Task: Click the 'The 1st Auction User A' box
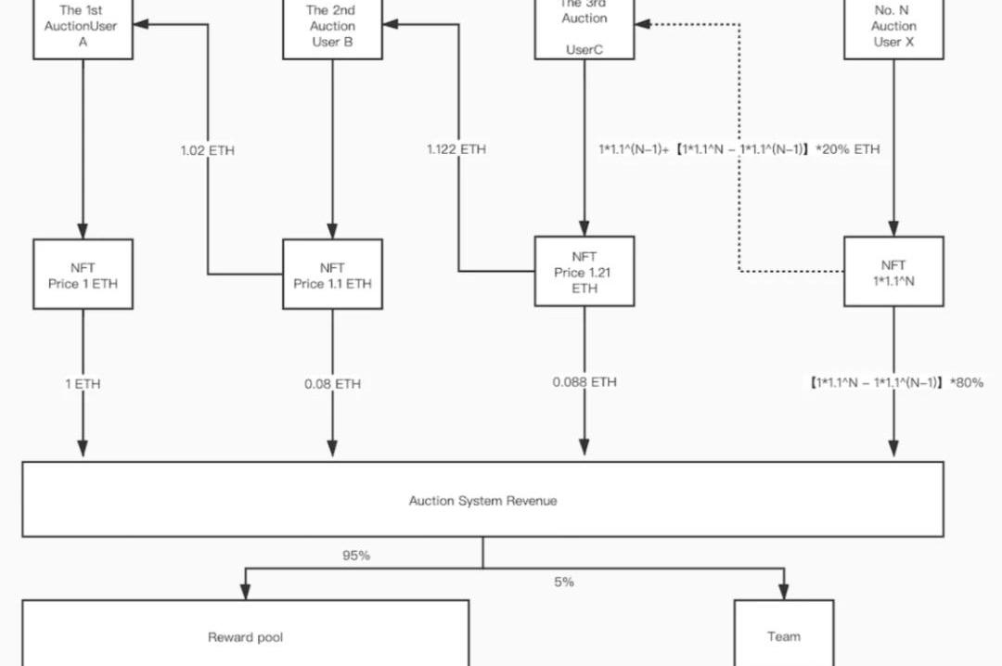[83, 28]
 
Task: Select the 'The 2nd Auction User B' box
[332, 28]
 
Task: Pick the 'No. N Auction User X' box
[893, 28]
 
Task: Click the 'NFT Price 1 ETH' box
[83, 275]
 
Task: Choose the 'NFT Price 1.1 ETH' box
[332, 275]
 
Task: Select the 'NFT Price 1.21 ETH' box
[584, 272]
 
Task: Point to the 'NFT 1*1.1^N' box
[893, 272]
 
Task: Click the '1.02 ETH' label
[208, 149]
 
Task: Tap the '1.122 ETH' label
[456, 149]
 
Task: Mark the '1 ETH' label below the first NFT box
[83, 384]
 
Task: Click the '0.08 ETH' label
[333, 384]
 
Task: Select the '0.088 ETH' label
[584, 382]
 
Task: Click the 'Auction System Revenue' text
[482, 501]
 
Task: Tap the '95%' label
[356, 556]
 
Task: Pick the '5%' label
[564, 582]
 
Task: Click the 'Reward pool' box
[245, 635]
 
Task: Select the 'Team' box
[783, 635]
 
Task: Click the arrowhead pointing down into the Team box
[783, 591]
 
